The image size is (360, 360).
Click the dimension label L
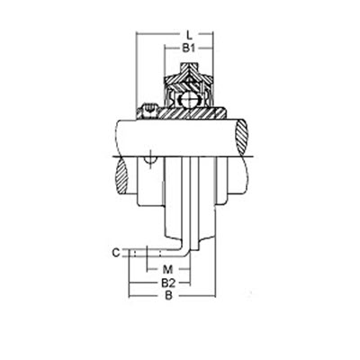189,35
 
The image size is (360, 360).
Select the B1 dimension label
189,48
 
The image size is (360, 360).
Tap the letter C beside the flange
116,253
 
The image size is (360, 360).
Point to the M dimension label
168,269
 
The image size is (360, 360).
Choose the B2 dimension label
168,283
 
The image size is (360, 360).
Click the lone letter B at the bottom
169,296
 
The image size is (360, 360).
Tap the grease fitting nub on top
188,67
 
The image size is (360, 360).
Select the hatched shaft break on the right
241,138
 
